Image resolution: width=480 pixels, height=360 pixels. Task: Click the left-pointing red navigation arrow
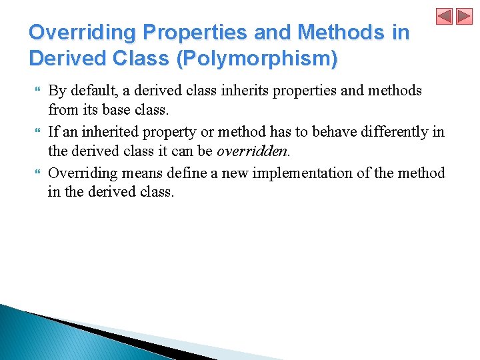pos(445,16)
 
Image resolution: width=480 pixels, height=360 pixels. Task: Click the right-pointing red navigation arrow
pos(464,16)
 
